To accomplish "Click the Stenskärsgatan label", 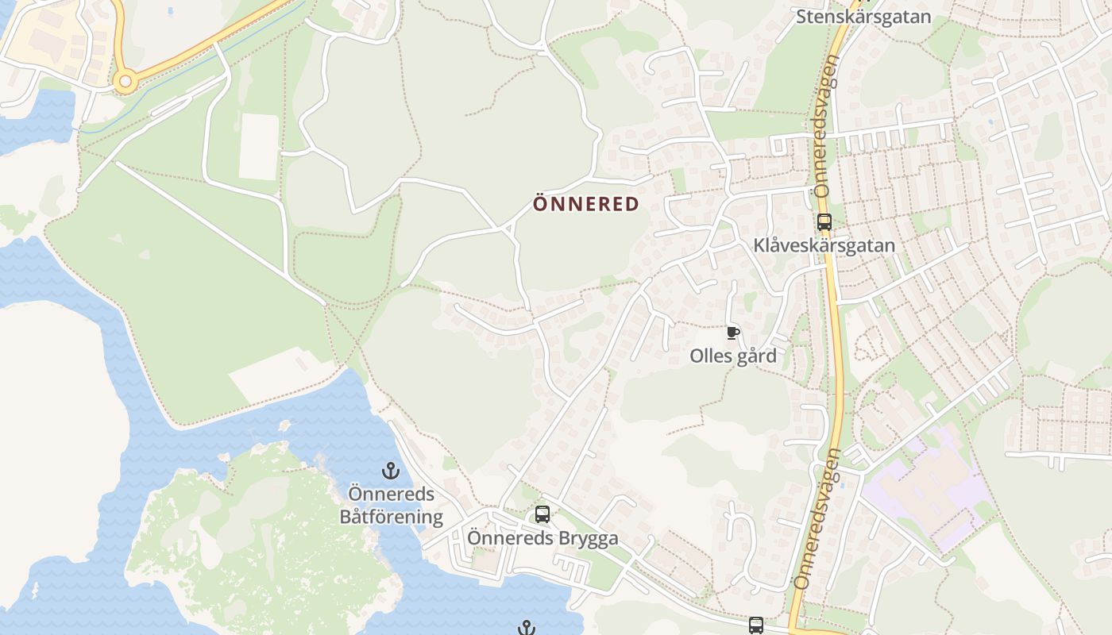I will pyautogui.click(x=863, y=17).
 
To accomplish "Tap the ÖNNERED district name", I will pyautogui.click(x=585, y=205).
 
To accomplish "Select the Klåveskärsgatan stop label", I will pyautogui.click(x=824, y=246).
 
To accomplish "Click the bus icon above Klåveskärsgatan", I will pyautogui.click(x=824, y=222).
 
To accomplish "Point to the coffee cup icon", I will pyautogui.click(x=732, y=333).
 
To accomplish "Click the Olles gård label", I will pyautogui.click(x=732, y=356).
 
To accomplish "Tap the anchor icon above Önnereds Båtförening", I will pyautogui.click(x=390, y=471).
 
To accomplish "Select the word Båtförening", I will pyautogui.click(x=391, y=518).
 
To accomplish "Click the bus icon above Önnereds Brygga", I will pyautogui.click(x=542, y=514).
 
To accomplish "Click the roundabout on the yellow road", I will pyautogui.click(x=123, y=81).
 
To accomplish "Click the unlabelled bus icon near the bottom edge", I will pyautogui.click(x=755, y=625).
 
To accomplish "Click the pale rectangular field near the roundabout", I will pyautogui.click(x=259, y=147).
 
